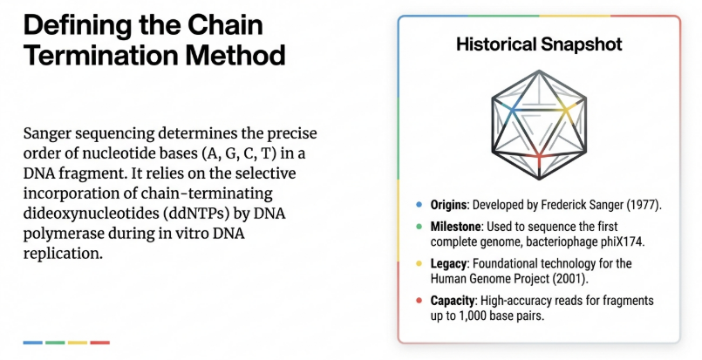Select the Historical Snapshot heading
[539, 44]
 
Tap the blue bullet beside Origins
[419, 205]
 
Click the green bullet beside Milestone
[419, 227]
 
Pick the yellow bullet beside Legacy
[419, 263]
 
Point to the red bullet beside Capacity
[419, 301]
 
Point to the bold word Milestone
[456, 227]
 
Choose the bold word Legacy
[448, 263]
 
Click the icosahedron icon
[539, 125]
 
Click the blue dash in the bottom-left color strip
[32, 343]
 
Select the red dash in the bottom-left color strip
[99, 343]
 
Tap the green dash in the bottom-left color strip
[55, 343]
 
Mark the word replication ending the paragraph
[63, 254]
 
